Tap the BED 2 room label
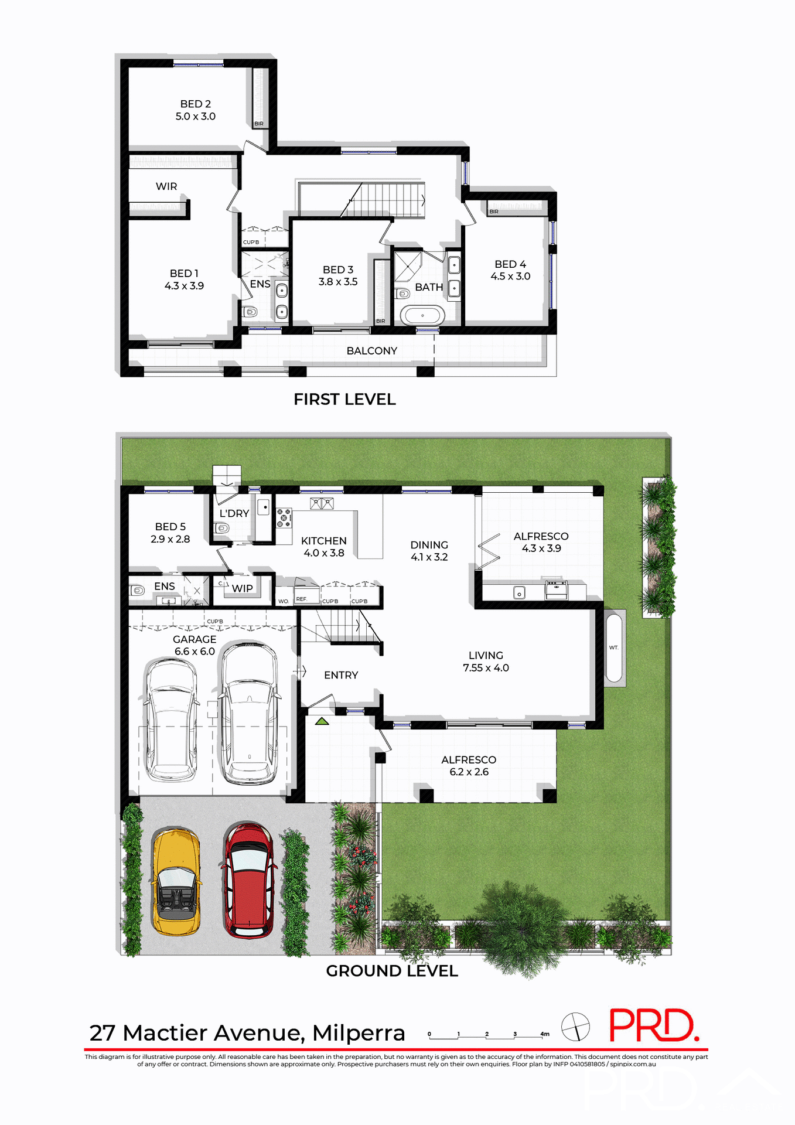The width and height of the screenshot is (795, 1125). [x=196, y=110]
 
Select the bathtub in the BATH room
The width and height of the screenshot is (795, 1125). [x=422, y=315]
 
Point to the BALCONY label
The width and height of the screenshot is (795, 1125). [x=371, y=351]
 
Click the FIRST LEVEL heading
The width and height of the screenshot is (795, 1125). [x=344, y=400]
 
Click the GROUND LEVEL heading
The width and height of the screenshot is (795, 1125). [x=392, y=971]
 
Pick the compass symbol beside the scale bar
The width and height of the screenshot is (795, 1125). [x=575, y=1027]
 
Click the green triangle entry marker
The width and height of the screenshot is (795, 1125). [x=322, y=721]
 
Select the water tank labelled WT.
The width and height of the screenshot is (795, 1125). [x=613, y=647]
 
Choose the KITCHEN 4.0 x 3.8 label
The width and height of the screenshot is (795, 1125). [x=323, y=547]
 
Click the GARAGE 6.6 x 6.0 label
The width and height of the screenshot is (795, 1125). [x=195, y=645]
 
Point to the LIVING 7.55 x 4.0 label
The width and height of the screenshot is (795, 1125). [x=486, y=662]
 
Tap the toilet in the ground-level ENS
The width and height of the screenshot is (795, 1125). [x=137, y=590]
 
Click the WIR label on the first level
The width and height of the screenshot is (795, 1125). [x=166, y=186]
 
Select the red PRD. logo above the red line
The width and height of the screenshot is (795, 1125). [x=653, y=1025]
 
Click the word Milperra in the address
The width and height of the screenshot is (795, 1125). [x=359, y=1033]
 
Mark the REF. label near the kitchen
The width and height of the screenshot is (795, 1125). [x=301, y=599]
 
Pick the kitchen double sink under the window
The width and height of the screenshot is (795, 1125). [x=322, y=503]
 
